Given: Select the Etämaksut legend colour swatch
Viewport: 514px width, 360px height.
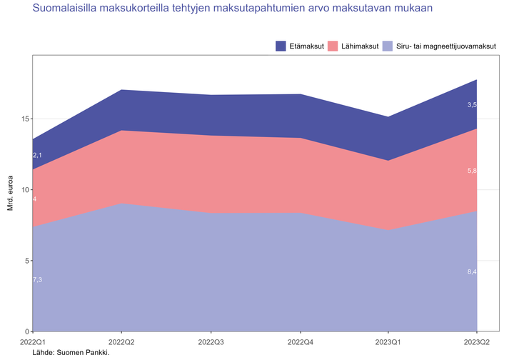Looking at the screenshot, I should [281, 46].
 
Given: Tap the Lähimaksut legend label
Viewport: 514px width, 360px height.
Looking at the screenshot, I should [358, 46].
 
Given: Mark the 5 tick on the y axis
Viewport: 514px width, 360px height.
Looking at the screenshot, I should [26, 261].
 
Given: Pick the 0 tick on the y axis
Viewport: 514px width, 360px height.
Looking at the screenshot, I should [26, 331].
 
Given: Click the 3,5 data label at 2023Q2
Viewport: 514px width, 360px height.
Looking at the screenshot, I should [471, 105].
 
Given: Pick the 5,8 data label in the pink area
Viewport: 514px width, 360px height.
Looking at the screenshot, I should [471, 171].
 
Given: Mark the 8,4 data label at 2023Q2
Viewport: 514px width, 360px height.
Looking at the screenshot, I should [471, 272].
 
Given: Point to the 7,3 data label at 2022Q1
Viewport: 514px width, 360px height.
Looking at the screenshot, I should [38, 280].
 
